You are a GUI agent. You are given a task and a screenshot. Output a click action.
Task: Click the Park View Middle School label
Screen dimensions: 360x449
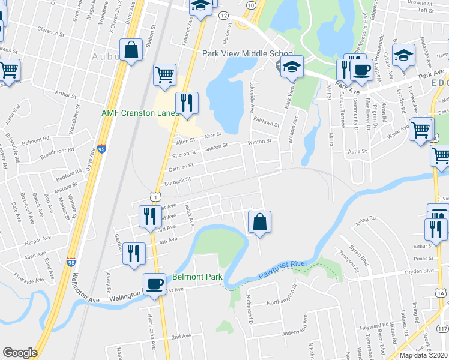[x=240, y=53]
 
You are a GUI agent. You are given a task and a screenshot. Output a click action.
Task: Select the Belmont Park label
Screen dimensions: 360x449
[x=197, y=277]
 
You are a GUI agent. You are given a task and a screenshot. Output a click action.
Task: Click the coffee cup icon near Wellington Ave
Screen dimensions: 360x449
[x=154, y=284]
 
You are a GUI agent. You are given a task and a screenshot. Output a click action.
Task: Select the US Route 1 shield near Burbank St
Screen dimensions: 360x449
[x=155, y=196]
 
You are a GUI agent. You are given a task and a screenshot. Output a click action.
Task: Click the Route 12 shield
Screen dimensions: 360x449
[x=223, y=14]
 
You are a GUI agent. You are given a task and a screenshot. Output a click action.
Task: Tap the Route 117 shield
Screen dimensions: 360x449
[x=443, y=329]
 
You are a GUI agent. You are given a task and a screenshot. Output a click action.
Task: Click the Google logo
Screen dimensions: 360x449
[x=20, y=353]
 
